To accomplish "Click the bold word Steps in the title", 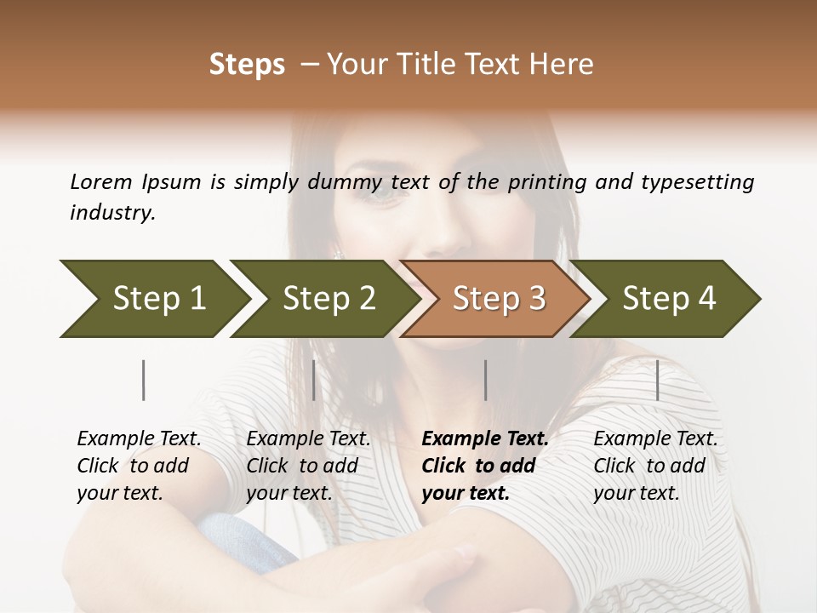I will [247, 65].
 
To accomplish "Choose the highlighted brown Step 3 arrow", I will [498, 298].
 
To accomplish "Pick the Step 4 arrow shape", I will [668, 298].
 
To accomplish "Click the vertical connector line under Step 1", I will [144, 380].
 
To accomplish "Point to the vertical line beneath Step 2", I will [314, 380].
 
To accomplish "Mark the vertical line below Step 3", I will [485, 380].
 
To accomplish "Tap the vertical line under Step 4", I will [657, 380].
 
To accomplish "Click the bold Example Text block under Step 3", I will [485, 466].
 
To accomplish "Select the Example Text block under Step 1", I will [139, 466].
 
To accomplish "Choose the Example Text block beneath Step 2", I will [308, 466].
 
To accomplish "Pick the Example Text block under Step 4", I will [655, 466].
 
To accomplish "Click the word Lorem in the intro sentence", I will [101, 181].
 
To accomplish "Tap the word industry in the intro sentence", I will [112, 213].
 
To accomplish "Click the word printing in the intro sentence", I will [545, 181].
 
